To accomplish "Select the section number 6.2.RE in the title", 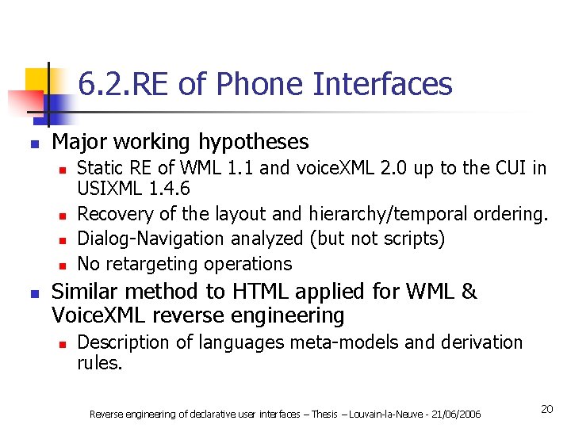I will click(x=125, y=84).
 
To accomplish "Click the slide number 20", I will click(x=546, y=409).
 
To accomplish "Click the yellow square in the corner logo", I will click(x=38, y=80).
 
